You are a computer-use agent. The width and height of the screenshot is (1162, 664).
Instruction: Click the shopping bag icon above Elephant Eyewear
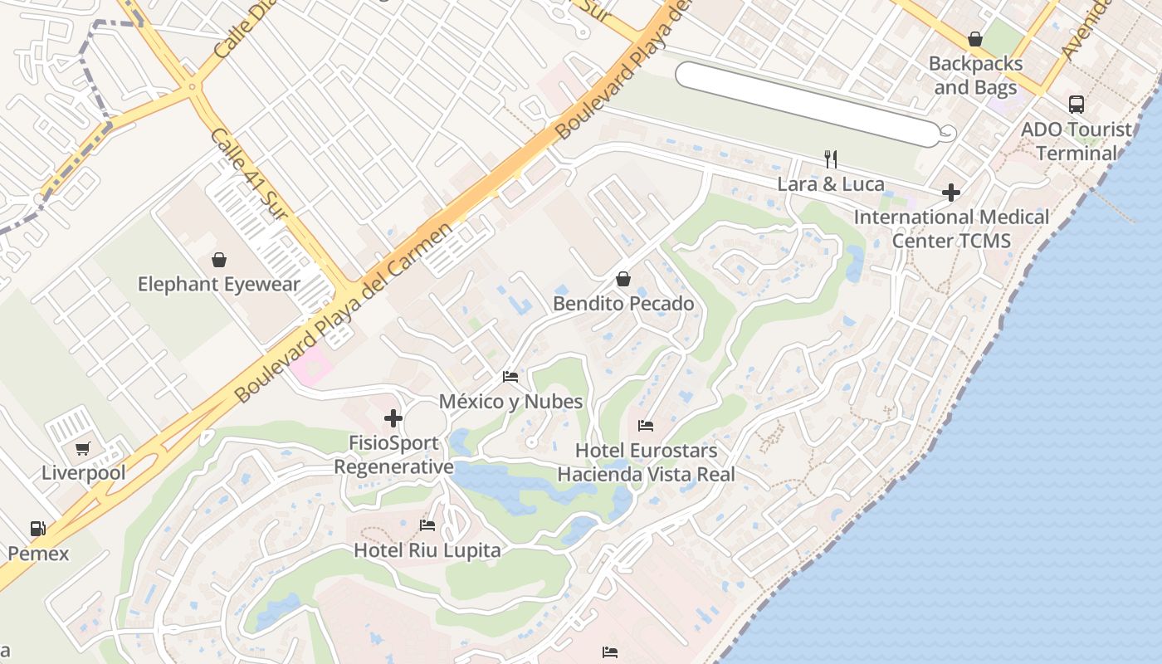pyautogui.click(x=219, y=260)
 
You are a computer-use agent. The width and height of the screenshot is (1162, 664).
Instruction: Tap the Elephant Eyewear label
pyautogui.click(x=218, y=285)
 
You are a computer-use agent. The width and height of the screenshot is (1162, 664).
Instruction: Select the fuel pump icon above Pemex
pyautogui.click(x=38, y=529)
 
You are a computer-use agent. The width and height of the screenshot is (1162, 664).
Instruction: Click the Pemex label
pyautogui.click(x=39, y=554)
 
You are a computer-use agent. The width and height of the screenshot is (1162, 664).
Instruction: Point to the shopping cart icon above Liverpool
pyautogui.click(x=83, y=449)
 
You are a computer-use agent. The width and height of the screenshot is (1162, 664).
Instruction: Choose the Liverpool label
pyautogui.click(x=84, y=473)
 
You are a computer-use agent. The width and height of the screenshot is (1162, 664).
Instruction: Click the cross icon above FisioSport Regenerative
pyautogui.click(x=393, y=418)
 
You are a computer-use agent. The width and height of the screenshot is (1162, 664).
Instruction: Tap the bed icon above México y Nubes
pyautogui.click(x=510, y=377)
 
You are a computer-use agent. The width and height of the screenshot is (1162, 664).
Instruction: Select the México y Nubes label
pyautogui.click(x=510, y=402)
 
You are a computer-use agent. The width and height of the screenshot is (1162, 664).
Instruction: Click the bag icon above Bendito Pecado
pyautogui.click(x=623, y=279)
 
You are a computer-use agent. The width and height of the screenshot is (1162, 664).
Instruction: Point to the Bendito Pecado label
pyautogui.click(x=623, y=304)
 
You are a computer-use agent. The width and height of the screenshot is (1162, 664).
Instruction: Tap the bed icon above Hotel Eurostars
pyautogui.click(x=646, y=426)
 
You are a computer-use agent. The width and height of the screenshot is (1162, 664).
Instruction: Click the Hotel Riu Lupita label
pyautogui.click(x=427, y=550)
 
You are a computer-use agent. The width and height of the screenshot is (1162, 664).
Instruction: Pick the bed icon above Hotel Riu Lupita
pyautogui.click(x=427, y=525)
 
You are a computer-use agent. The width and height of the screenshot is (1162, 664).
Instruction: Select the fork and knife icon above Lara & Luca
pyautogui.click(x=831, y=159)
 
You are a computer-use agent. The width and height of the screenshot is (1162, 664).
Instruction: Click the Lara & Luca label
pyautogui.click(x=831, y=184)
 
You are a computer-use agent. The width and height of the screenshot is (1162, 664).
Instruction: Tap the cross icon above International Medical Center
pyautogui.click(x=951, y=193)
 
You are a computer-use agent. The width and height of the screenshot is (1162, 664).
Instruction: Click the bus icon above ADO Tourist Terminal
pyautogui.click(x=1077, y=105)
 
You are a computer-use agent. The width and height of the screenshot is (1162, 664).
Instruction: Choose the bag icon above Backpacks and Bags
pyautogui.click(x=975, y=39)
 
